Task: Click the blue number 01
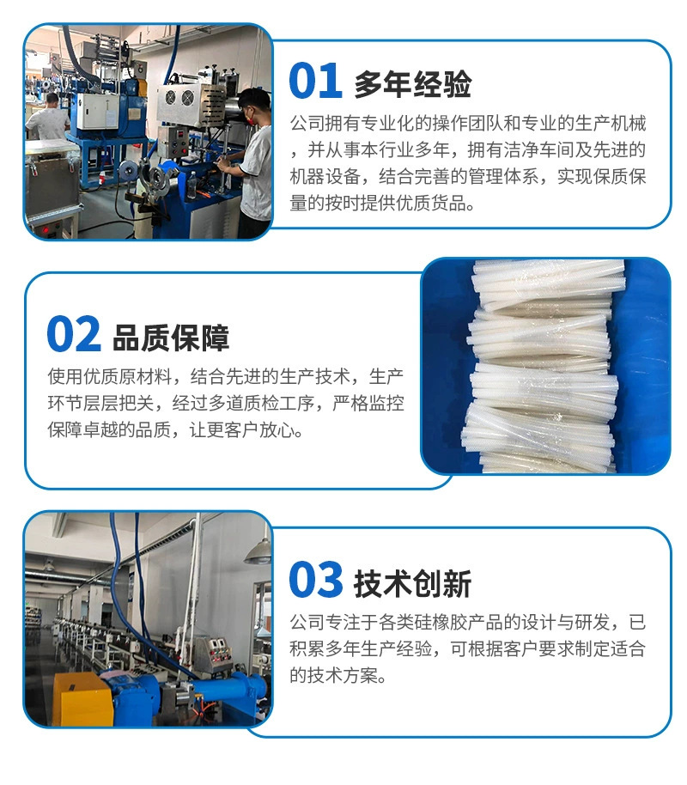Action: click(315, 81)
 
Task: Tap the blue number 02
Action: click(74, 334)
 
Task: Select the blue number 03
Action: click(315, 579)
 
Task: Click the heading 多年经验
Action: click(413, 83)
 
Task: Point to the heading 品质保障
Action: click(171, 338)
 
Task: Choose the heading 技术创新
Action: click(413, 583)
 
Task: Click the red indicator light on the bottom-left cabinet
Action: click(45, 230)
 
